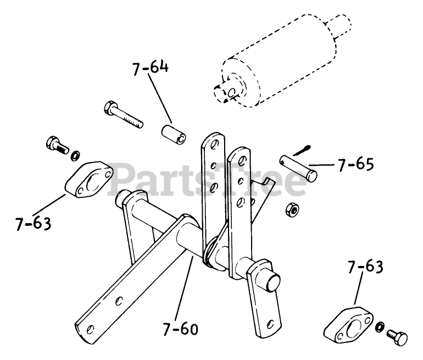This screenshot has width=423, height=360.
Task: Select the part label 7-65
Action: tap(356, 164)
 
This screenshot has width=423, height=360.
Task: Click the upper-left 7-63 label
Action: tap(33, 224)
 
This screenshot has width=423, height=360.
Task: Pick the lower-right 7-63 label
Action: tap(365, 268)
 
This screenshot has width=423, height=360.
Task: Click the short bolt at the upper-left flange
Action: tap(54, 144)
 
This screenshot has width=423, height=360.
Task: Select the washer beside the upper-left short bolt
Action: tap(75, 152)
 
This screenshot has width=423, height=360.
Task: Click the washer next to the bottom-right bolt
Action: tap(379, 328)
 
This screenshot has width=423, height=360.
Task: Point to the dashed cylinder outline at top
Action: tap(280, 60)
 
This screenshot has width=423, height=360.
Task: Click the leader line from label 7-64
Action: tap(159, 99)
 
